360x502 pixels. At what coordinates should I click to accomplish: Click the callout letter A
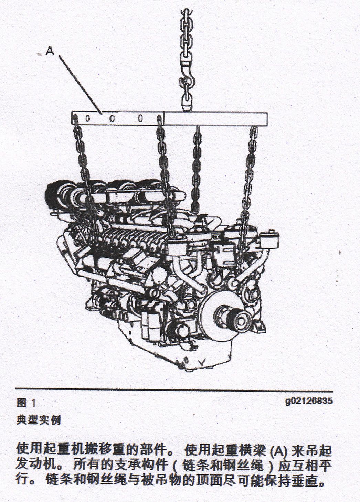(50, 51)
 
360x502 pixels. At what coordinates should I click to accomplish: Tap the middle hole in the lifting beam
(113, 118)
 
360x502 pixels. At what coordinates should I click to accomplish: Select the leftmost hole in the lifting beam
(88, 118)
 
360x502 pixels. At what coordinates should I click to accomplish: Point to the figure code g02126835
(309, 400)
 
